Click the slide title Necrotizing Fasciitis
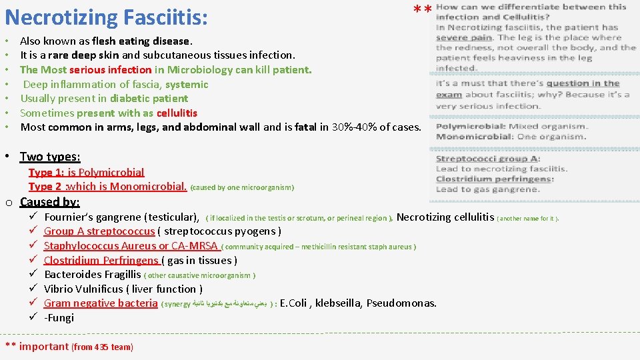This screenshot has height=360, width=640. coord(106,16)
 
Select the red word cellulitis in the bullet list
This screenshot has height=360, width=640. coord(177,113)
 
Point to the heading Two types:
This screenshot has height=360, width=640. coord(50,157)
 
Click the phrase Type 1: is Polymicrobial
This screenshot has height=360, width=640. coord(86,172)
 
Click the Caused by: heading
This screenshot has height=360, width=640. coord(50,202)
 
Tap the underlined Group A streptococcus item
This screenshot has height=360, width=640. coord(99,231)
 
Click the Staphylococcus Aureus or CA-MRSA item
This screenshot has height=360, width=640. coord(131,246)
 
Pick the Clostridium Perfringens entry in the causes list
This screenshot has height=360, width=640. coord(101,260)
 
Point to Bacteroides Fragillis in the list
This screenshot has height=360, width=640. coord(92,275)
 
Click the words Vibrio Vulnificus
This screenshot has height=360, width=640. coord(84,289)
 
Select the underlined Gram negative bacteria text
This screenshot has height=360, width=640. coord(101,303)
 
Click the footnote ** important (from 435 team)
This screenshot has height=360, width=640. coord(69,346)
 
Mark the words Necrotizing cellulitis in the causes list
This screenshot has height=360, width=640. coord(445,217)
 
